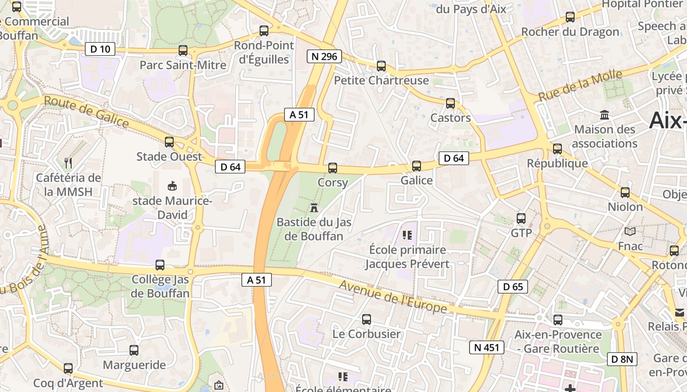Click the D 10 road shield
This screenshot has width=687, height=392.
(101, 49)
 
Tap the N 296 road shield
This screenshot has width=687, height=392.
(324, 56)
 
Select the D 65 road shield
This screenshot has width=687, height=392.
(513, 287)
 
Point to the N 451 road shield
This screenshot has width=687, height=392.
(486, 348)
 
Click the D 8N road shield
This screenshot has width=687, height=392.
(622, 359)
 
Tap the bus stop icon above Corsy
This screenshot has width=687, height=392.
(333, 168)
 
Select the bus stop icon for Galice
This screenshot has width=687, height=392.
(417, 166)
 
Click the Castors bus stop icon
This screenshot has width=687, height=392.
(450, 103)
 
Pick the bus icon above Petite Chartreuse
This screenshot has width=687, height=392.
(381, 66)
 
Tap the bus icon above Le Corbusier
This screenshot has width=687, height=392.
(367, 320)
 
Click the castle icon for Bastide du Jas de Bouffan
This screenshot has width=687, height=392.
(314, 207)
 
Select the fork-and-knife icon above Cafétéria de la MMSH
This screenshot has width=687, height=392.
(68, 163)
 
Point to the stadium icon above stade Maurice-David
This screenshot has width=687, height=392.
(172, 186)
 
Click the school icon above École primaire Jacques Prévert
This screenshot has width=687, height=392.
(406, 235)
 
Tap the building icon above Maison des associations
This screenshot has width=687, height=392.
(605, 115)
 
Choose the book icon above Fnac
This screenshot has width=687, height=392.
(630, 231)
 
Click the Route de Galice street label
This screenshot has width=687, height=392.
(86, 112)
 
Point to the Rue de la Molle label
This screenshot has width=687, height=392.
(580, 85)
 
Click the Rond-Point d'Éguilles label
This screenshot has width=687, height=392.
(264, 52)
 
